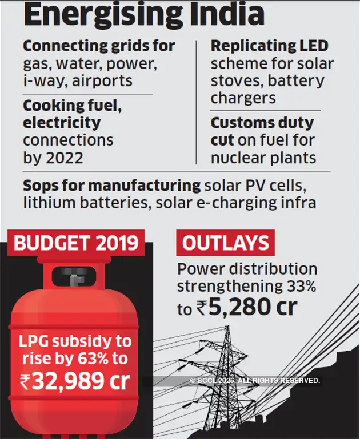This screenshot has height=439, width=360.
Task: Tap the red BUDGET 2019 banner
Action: (76, 243)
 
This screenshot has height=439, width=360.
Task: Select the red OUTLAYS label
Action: (225, 243)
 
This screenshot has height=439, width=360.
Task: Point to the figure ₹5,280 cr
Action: (245, 308)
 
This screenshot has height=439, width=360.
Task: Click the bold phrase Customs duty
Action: (262, 123)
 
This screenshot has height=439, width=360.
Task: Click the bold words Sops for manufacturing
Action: (112, 186)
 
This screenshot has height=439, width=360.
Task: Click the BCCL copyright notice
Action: (255, 381)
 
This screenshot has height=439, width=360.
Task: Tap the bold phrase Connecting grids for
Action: (99, 46)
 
